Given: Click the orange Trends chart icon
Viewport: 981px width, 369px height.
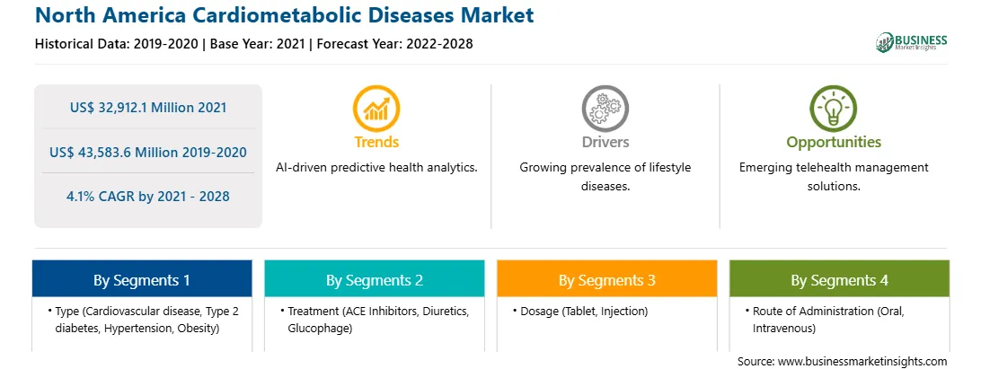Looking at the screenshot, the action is pyautogui.click(x=376, y=109).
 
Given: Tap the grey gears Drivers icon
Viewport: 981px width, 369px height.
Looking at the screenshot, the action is pyautogui.click(x=605, y=109).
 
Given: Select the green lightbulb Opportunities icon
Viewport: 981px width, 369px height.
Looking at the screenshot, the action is pyautogui.click(x=834, y=109).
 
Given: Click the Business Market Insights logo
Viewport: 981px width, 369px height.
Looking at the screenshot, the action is pyautogui.click(x=912, y=42).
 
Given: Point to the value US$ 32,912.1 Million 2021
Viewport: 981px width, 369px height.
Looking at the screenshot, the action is pyautogui.click(x=148, y=108).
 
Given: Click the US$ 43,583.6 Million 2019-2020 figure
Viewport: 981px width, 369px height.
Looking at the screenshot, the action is pyautogui.click(x=148, y=152).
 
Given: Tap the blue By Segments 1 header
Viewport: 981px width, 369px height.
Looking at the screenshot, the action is pyautogui.click(x=142, y=278).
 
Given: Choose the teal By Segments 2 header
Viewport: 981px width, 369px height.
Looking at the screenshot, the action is pyautogui.click(x=374, y=278).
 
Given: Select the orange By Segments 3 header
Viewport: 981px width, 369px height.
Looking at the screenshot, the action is pyautogui.click(x=607, y=278).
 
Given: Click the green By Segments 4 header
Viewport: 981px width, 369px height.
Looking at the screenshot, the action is pyautogui.click(x=840, y=278).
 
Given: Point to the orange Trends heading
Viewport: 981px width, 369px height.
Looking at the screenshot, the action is pyautogui.click(x=376, y=142).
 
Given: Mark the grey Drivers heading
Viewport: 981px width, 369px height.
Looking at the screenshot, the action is pyautogui.click(x=605, y=142).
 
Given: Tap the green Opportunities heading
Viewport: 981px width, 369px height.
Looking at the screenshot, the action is pyautogui.click(x=834, y=142).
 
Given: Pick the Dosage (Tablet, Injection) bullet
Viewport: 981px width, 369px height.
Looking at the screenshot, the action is pyautogui.click(x=580, y=311).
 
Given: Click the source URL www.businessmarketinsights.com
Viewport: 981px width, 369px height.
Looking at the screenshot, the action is pyautogui.click(x=862, y=361).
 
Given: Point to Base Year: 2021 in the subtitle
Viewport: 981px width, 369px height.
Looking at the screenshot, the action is pyautogui.click(x=257, y=44).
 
